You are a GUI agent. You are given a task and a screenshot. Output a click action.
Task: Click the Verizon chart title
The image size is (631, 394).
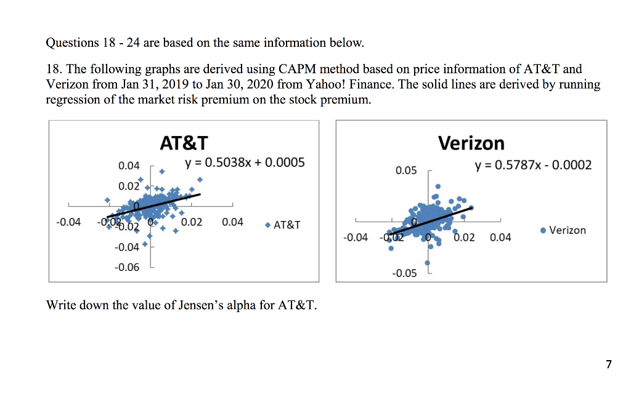pyautogui.click(x=471, y=143)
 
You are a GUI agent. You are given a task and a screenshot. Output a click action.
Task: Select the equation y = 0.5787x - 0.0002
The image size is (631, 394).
pyautogui.click(x=533, y=165)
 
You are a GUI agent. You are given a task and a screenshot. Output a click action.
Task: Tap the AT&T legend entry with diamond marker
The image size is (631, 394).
pyautogui.click(x=282, y=225)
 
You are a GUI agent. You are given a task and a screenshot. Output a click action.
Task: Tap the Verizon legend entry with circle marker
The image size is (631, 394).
pyautogui.click(x=563, y=230)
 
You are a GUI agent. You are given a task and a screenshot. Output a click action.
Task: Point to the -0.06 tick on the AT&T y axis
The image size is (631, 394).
pyautogui.click(x=127, y=267)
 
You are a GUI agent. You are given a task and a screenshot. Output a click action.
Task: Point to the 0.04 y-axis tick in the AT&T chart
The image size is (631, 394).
pyautogui.click(x=129, y=166)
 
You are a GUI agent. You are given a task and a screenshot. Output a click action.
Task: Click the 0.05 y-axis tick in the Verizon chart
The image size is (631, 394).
pyautogui.click(x=406, y=171)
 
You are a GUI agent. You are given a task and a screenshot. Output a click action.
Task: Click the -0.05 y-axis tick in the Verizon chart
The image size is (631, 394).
pyautogui.click(x=404, y=273)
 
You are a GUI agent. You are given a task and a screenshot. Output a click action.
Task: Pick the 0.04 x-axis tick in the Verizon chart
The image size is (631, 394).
pyautogui.click(x=500, y=238)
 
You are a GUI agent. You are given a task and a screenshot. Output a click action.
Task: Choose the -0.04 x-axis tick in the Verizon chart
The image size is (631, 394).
pyautogui.click(x=357, y=238)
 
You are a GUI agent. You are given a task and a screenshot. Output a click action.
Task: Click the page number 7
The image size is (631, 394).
pyautogui.click(x=608, y=365)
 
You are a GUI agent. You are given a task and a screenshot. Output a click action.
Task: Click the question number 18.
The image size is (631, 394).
pyautogui.click(x=53, y=70)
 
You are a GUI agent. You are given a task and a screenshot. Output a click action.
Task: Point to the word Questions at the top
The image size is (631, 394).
pyautogui.click(x=72, y=43)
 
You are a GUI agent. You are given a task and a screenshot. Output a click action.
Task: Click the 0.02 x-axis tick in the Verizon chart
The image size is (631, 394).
pyautogui.click(x=464, y=238)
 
